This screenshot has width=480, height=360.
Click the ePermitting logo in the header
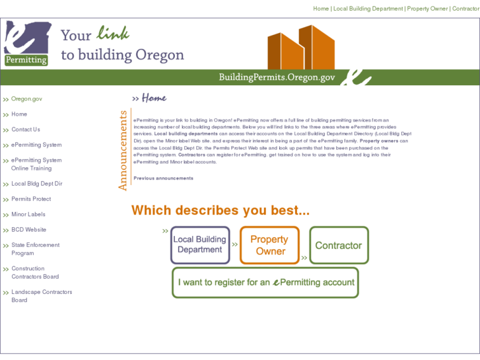[x=27, y=44]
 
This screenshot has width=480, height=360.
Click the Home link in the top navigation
[x=321, y=9]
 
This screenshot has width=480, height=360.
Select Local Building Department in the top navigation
[x=368, y=9]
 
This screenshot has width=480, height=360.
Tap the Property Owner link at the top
[x=427, y=9]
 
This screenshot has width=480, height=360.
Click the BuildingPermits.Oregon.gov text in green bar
[x=277, y=77]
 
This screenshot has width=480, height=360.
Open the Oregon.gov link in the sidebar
[x=26, y=99]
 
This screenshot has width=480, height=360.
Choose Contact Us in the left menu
[x=26, y=129]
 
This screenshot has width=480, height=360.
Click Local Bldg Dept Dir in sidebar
[x=37, y=184]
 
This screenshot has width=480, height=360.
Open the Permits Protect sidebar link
[x=31, y=199]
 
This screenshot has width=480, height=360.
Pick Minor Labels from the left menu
[x=28, y=215]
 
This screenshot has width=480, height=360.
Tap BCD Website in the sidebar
[x=29, y=230]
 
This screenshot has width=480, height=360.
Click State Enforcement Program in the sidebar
[x=35, y=249]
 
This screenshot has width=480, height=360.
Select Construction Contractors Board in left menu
[x=35, y=273]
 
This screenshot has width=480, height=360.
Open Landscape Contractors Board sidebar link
[x=42, y=296]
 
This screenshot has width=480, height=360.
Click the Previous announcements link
[x=163, y=178]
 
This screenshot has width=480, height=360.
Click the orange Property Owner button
[x=269, y=245]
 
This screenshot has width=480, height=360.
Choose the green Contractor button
[x=339, y=245]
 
